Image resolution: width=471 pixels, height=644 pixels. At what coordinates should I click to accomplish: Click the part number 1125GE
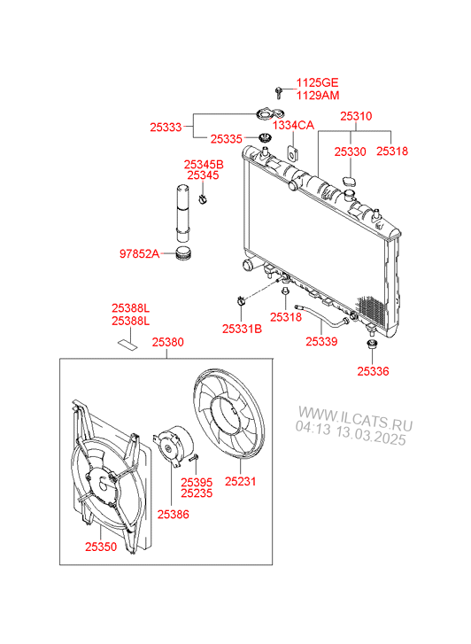[x=318, y=82]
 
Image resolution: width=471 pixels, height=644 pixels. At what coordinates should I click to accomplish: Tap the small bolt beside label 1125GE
[x=279, y=93]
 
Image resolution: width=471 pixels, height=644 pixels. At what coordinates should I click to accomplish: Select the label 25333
[x=166, y=127]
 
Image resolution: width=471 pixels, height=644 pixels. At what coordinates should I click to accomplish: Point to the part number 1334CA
[x=293, y=125]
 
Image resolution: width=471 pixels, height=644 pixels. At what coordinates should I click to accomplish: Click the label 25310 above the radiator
[x=356, y=116]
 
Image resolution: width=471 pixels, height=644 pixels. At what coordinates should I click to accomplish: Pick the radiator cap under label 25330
[x=350, y=181]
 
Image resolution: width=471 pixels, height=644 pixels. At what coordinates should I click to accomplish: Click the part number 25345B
[x=204, y=164]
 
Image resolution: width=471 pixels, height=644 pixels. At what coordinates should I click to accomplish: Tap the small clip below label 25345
[x=203, y=200]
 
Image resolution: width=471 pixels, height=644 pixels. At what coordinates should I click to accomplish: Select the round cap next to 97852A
[x=183, y=253]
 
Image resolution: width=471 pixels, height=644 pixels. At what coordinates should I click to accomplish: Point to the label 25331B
[x=242, y=329]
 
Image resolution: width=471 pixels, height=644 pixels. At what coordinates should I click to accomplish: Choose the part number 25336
[x=373, y=371]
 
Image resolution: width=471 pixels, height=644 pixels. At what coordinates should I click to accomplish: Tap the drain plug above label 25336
[x=373, y=345]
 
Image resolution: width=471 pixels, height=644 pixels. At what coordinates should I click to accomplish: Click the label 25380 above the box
[x=168, y=342]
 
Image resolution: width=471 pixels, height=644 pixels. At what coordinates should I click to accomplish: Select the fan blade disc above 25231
[x=228, y=413]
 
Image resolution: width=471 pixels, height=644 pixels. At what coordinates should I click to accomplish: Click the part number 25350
[x=101, y=547]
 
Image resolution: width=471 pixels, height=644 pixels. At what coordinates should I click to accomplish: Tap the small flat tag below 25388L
[x=127, y=344]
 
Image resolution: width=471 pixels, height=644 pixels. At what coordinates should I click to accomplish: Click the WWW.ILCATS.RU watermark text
[x=355, y=418]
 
